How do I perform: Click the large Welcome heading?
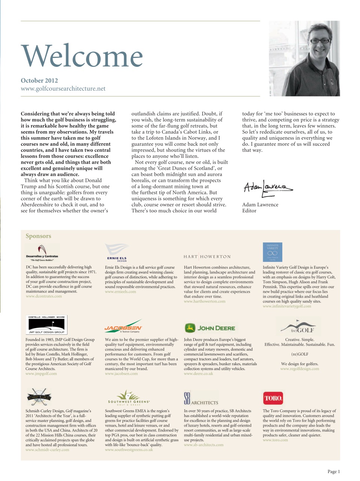pos(82,56)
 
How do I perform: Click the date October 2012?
pos(39,80)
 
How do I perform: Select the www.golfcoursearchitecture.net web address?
pos(63,89)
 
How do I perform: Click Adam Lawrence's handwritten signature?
pos(267,188)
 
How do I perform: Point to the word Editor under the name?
pos(249,211)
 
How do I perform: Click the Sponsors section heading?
pos(38,236)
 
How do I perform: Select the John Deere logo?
pos(210,328)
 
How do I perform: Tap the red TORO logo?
pos(273,398)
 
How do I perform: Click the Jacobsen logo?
pos(123,327)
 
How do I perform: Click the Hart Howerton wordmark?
pos(207,257)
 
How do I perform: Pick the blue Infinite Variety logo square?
pos(273,252)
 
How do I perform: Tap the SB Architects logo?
pos(200,399)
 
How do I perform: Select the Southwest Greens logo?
pos(128,398)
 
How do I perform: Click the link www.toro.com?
pos(275,440)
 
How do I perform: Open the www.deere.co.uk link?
pos(198,374)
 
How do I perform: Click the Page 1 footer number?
pos(333,472)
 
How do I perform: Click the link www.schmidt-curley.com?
pos(47,450)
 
